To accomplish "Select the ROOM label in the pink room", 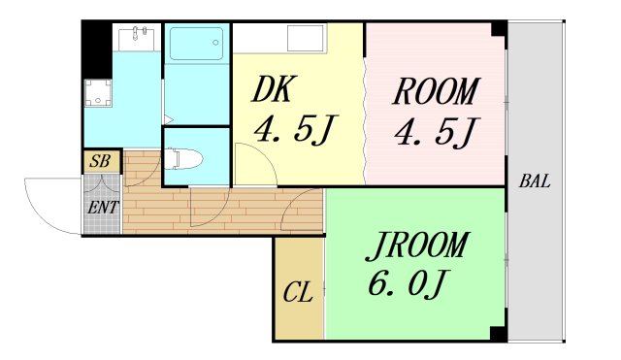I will pyautogui.click(x=435, y=92).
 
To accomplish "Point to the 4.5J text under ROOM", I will pyautogui.click(x=436, y=131).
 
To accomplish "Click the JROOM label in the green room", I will pyautogui.click(x=416, y=245).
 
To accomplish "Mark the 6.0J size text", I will pyautogui.click(x=408, y=283).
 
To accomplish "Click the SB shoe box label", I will pyautogui.click(x=99, y=161).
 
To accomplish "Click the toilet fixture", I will pyautogui.click(x=184, y=158).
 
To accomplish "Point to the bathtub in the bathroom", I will pyautogui.click(x=196, y=45).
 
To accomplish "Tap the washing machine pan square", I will pyautogui.click(x=99, y=94).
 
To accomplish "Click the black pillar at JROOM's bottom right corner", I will pyautogui.click(x=498, y=334).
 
